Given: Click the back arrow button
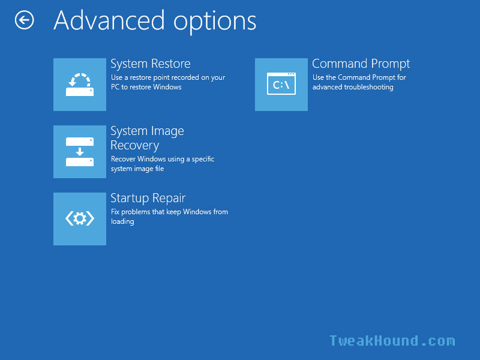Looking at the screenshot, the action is (x=24, y=20).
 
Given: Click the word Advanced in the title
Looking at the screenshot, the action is (x=109, y=20).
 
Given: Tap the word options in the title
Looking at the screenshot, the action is (x=215, y=22).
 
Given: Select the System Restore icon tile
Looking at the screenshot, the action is (x=80, y=85).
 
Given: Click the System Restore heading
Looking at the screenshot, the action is (x=151, y=64).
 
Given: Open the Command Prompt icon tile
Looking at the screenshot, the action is (x=281, y=85).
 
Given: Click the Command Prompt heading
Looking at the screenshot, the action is (x=361, y=64).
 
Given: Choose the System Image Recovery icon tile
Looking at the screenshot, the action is (x=80, y=152).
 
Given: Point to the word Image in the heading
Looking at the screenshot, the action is (x=168, y=131).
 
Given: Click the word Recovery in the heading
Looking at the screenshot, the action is (x=134, y=146).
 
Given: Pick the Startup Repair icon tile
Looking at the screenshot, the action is (x=80, y=219).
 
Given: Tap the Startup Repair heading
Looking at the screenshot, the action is (x=148, y=199).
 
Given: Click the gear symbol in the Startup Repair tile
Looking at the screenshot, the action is (x=80, y=218).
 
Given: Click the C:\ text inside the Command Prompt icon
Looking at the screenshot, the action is (x=281, y=85).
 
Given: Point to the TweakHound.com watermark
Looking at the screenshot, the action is (x=392, y=341).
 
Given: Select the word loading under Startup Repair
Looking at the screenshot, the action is (x=122, y=221).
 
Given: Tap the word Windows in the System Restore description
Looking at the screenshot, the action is (x=167, y=87).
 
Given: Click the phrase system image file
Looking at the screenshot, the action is (x=137, y=169).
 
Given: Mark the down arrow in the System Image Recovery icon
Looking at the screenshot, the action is (x=80, y=152).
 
